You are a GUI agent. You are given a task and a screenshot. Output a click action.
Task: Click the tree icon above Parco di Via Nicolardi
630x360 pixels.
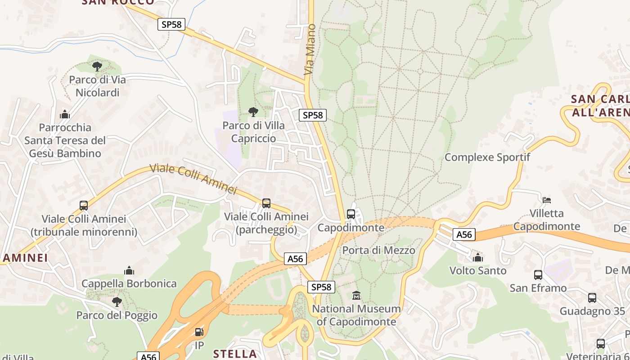(x=97, y=67)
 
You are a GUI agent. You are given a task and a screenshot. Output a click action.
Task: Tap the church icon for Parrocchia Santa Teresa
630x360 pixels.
(x=65, y=114)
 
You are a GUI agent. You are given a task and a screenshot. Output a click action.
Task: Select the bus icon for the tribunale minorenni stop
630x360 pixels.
(x=84, y=206)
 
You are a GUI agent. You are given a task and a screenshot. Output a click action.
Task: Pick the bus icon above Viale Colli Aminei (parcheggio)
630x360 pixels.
(x=266, y=203)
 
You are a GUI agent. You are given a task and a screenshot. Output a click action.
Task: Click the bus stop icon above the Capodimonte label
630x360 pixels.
(x=351, y=214)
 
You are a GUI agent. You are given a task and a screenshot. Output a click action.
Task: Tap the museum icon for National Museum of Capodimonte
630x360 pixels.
(x=356, y=296)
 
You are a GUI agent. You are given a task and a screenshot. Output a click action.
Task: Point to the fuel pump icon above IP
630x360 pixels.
(x=199, y=332)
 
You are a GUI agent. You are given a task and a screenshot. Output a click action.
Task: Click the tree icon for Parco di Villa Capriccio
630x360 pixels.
(x=253, y=112)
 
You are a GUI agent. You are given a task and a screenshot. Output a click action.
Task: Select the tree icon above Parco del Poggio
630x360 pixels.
(x=117, y=301)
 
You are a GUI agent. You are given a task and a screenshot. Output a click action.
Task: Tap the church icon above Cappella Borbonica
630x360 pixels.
(x=129, y=270)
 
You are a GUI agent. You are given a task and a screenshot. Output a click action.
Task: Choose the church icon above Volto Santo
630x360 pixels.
(x=478, y=257)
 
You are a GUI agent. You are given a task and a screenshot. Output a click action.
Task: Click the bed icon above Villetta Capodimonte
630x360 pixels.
(x=547, y=200)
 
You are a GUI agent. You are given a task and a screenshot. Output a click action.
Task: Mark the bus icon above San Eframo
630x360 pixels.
(x=538, y=274)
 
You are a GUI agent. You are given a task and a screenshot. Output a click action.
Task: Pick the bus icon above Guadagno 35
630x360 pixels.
(x=592, y=297)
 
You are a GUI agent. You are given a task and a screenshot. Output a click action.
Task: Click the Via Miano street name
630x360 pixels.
(x=309, y=49)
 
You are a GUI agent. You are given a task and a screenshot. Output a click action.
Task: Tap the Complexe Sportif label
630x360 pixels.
(x=487, y=157)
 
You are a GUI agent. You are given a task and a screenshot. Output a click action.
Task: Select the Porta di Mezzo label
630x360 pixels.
(x=379, y=250)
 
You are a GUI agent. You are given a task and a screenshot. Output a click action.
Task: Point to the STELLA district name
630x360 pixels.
(x=235, y=353)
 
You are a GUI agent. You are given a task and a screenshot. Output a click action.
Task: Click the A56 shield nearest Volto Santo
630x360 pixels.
(x=464, y=234)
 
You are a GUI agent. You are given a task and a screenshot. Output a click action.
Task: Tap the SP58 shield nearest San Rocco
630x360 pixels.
(x=172, y=24)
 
